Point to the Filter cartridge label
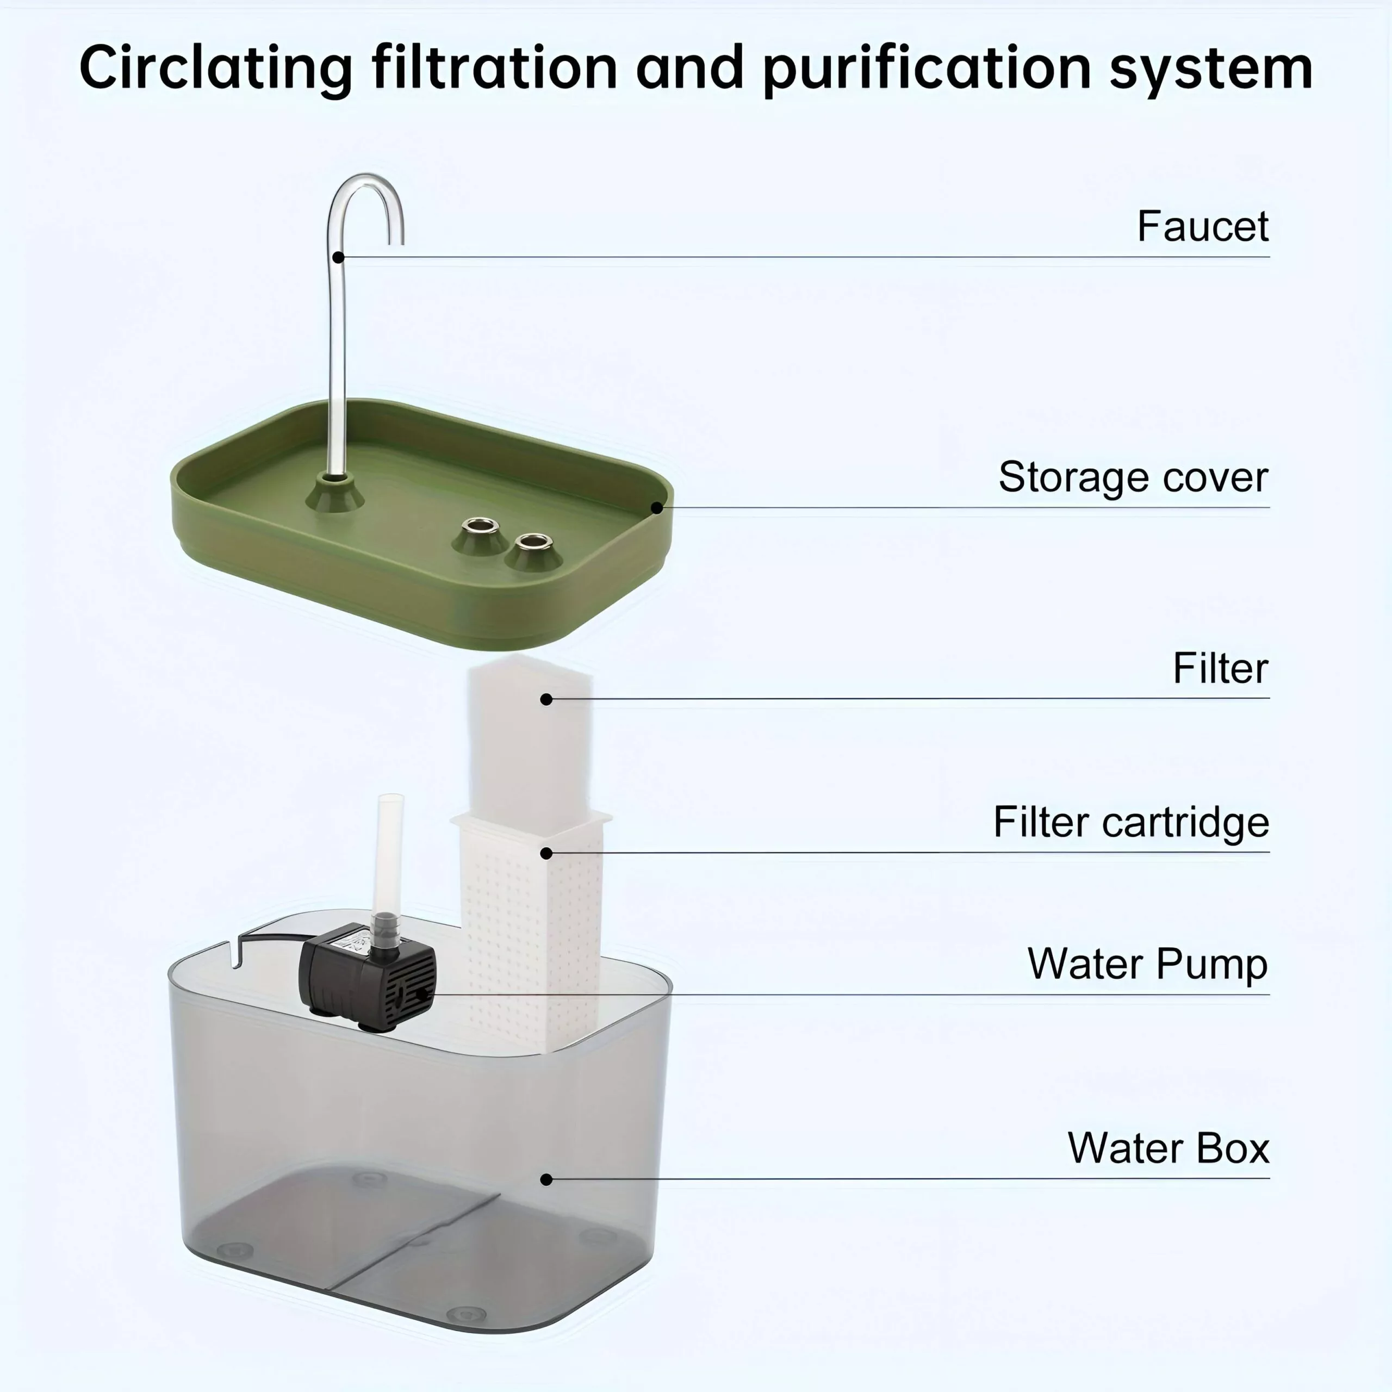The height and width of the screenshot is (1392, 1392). click(1130, 822)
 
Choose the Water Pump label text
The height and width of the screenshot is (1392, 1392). click(1147, 964)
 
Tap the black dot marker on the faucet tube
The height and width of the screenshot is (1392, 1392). click(338, 257)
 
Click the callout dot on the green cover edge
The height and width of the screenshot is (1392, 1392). click(656, 508)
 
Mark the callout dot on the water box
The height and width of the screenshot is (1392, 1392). click(546, 1179)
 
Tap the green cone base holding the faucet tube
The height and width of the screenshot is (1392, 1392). click(335, 496)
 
